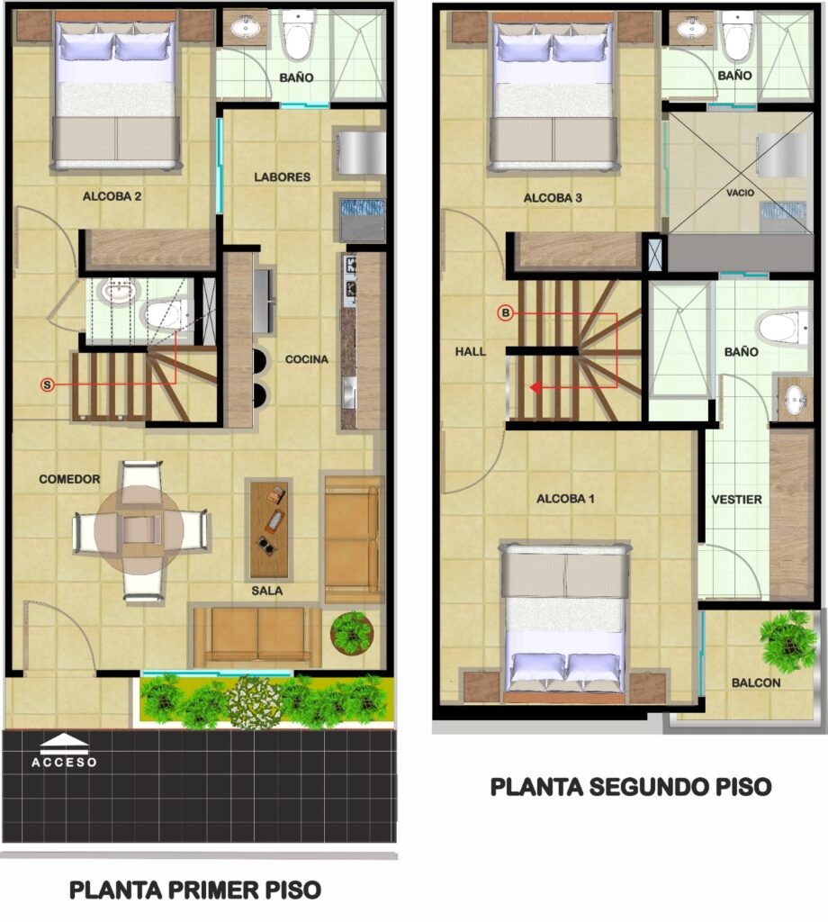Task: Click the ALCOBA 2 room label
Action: click(112, 196)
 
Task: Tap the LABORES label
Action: click(282, 177)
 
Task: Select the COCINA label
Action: click(307, 359)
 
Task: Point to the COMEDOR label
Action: click(69, 479)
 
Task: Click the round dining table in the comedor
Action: click(139, 529)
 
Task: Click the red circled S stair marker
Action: click(47, 385)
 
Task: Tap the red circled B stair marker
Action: click(506, 312)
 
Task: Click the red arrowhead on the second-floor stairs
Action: click(535, 388)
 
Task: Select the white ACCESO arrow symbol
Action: click(65, 744)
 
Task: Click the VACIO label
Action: click(740, 193)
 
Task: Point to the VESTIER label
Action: click(736, 500)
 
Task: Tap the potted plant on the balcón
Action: click(788, 640)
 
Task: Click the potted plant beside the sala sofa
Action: click(352, 633)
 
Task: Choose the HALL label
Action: click(471, 352)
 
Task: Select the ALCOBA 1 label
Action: click(565, 499)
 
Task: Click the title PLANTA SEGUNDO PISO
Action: click(631, 787)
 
